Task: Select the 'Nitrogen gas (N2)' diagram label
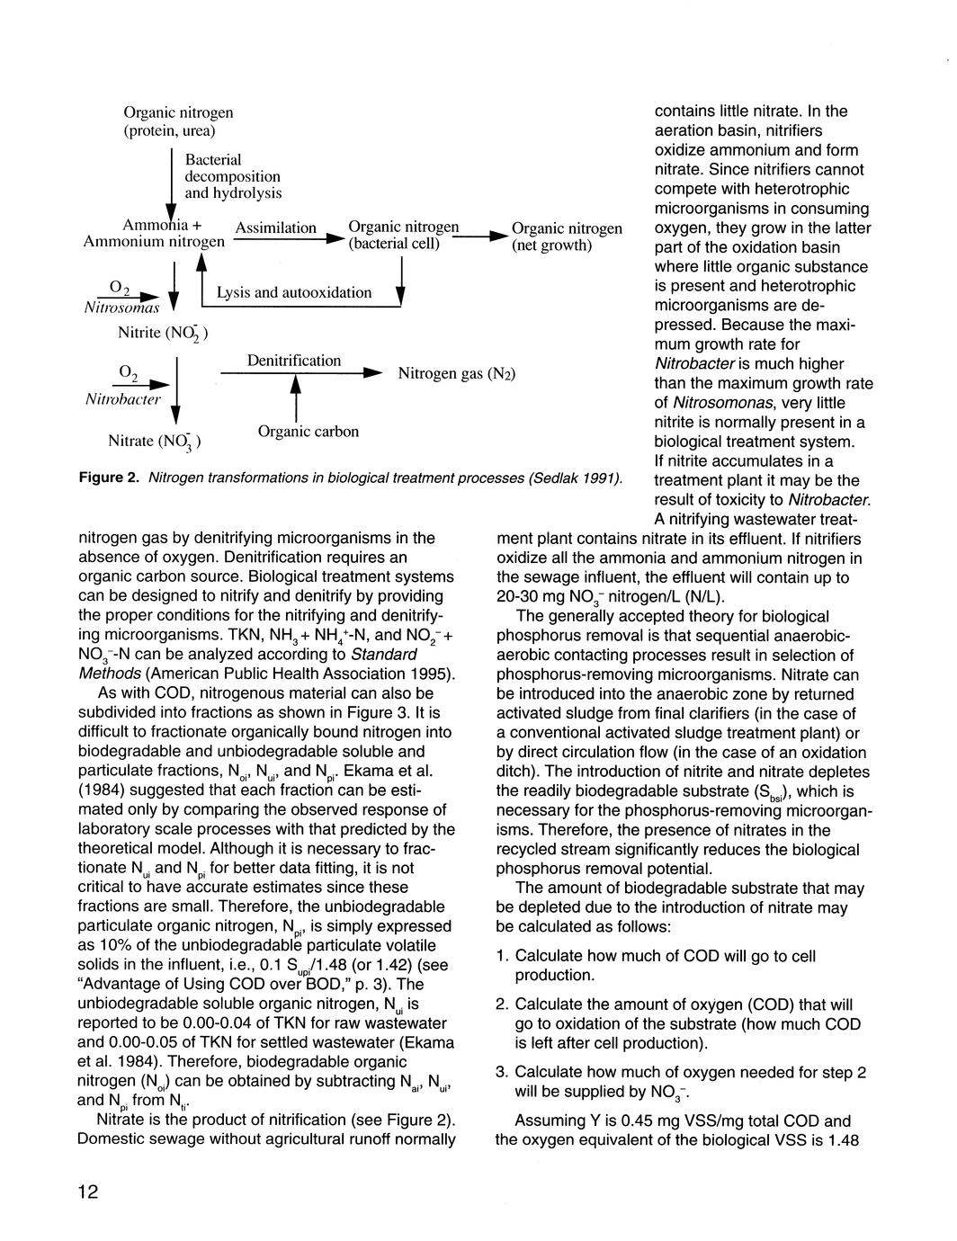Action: [x=456, y=373]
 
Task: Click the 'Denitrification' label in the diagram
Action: [x=294, y=361]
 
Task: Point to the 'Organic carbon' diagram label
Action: [x=308, y=432]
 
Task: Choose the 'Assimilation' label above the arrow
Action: [x=275, y=228]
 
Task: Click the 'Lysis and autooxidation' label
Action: [x=294, y=292]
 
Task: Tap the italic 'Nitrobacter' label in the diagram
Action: [x=124, y=398]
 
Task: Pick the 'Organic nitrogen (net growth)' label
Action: [x=567, y=237]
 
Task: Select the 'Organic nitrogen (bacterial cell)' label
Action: [x=403, y=236]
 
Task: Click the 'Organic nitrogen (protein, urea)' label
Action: [x=178, y=121]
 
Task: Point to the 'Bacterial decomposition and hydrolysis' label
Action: [x=233, y=176]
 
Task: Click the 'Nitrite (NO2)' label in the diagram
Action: [x=163, y=334]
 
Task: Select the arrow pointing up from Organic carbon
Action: [x=295, y=396]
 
